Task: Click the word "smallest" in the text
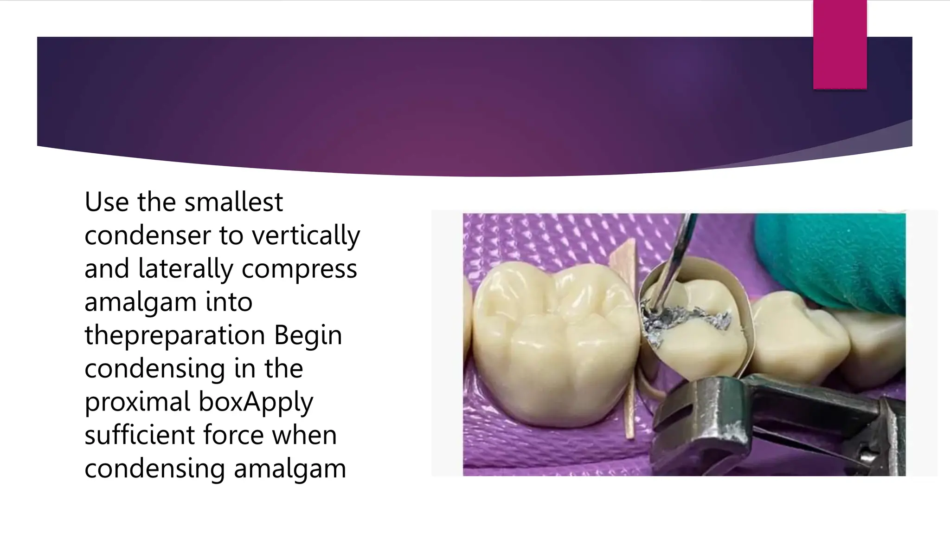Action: pos(233,202)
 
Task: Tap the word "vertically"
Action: pos(306,235)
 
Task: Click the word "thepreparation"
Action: pos(174,335)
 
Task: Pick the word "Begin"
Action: pos(308,335)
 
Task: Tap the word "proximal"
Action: pos(137,402)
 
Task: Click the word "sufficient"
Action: pos(140,435)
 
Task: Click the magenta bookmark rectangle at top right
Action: pos(840,44)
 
